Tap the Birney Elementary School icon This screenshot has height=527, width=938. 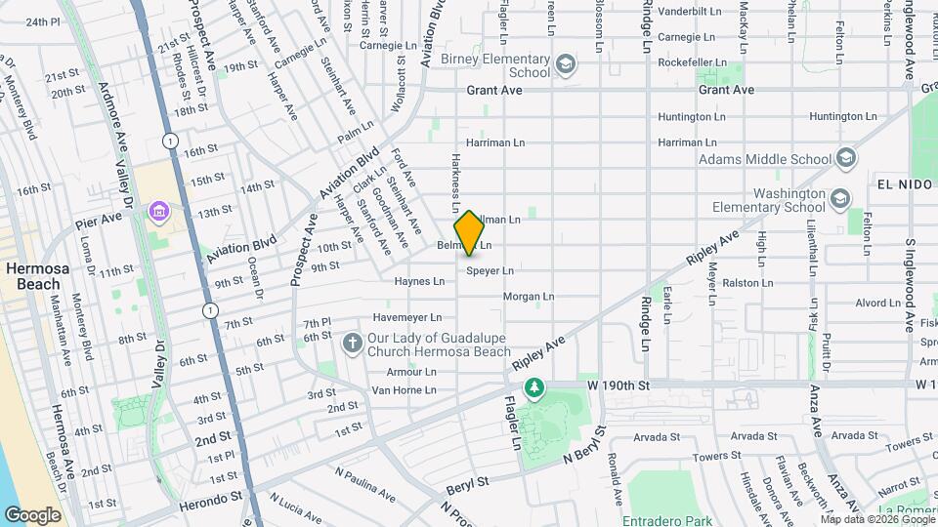(565, 65)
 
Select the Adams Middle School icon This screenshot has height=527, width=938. (846, 158)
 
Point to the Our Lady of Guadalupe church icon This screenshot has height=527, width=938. (353, 344)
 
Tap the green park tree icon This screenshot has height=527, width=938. (534, 389)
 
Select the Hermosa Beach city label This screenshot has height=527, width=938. (31, 275)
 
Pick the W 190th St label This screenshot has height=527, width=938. (618, 386)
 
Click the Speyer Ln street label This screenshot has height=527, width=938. (490, 270)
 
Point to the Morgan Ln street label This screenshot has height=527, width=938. (529, 296)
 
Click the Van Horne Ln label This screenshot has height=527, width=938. (404, 390)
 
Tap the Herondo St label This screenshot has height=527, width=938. (210, 497)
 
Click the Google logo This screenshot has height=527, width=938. (32, 514)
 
